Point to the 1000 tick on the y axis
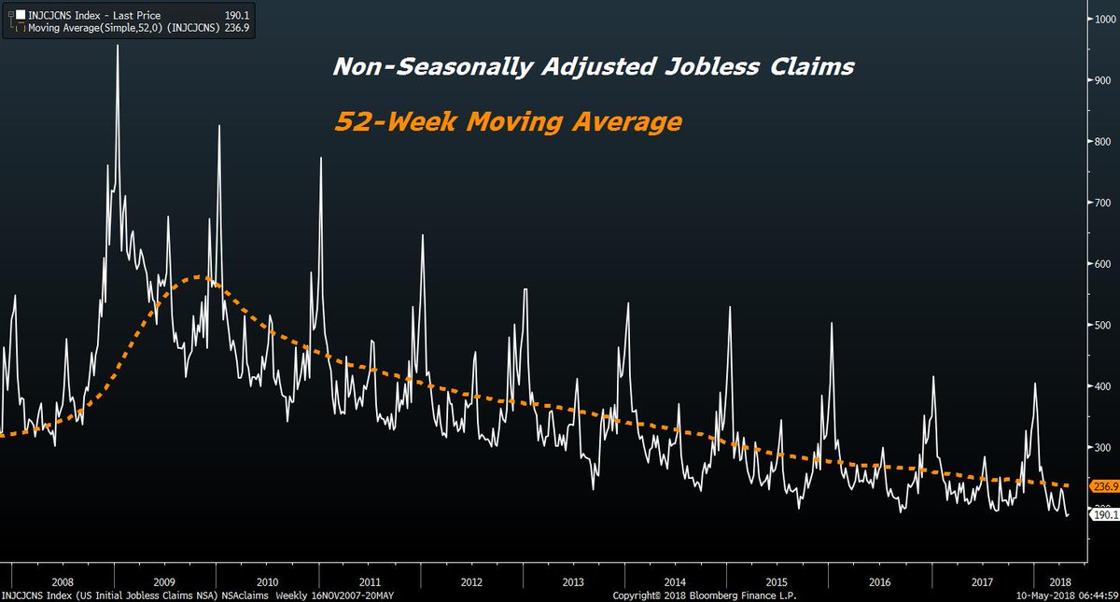[1100, 20]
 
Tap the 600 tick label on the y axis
[1100, 264]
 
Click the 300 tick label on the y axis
[1100, 448]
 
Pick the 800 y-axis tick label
[1100, 142]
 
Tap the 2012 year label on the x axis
[471, 580]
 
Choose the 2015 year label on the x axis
[778, 580]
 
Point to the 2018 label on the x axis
[1059, 580]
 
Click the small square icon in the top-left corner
[8, 16]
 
